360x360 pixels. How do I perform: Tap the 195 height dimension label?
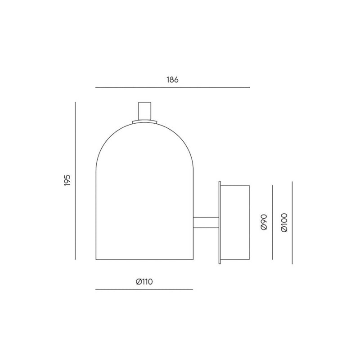tap(67, 180)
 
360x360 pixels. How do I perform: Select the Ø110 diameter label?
tap(144, 282)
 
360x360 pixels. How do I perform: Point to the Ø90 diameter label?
tap(264, 222)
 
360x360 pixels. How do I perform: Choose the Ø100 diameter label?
tap(283, 222)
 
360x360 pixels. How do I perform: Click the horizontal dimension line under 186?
tap(172, 87)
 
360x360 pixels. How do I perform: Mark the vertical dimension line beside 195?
tap(75, 180)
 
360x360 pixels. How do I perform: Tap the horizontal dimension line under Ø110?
tap(144, 290)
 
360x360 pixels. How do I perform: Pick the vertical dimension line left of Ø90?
tap(273, 222)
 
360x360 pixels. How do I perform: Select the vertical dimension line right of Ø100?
tap(292, 222)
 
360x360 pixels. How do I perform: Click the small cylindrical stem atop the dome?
tap(144, 111)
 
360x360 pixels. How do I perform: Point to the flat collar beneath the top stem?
tap(144, 121)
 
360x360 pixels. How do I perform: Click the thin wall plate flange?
tap(219, 222)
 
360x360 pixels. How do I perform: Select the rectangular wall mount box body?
tap(234, 222)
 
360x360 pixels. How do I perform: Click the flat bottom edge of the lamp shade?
tap(144, 261)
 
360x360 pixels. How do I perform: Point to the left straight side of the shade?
tap(97, 211)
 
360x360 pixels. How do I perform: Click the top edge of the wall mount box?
tap(234, 184)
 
